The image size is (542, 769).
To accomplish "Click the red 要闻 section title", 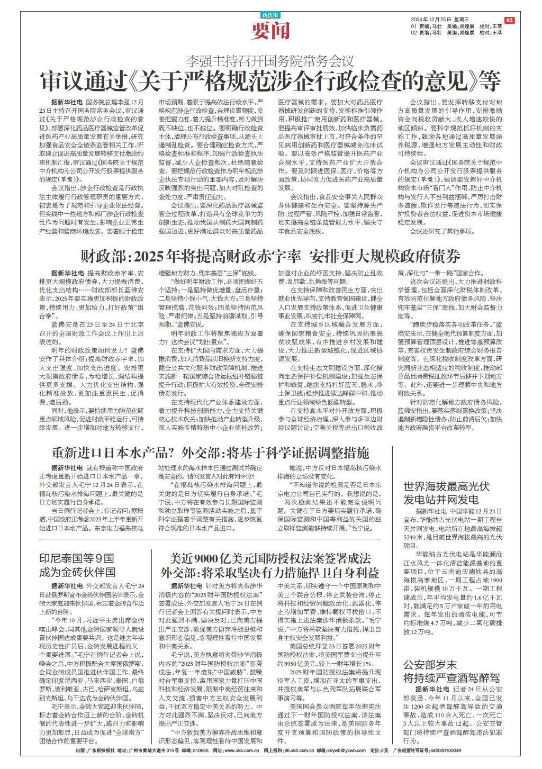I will click(271, 31).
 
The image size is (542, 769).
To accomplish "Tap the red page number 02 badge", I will click(510, 20).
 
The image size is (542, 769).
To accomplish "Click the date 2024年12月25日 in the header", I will click(430, 20).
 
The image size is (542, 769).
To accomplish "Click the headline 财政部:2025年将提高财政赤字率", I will click(270, 257).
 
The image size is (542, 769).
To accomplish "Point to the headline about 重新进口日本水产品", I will click(210, 453).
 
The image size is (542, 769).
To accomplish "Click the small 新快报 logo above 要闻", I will click(270, 15).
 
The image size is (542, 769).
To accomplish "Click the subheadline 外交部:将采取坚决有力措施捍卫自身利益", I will click(270, 573).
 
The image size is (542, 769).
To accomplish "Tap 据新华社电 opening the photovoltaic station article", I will click(430, 512).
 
